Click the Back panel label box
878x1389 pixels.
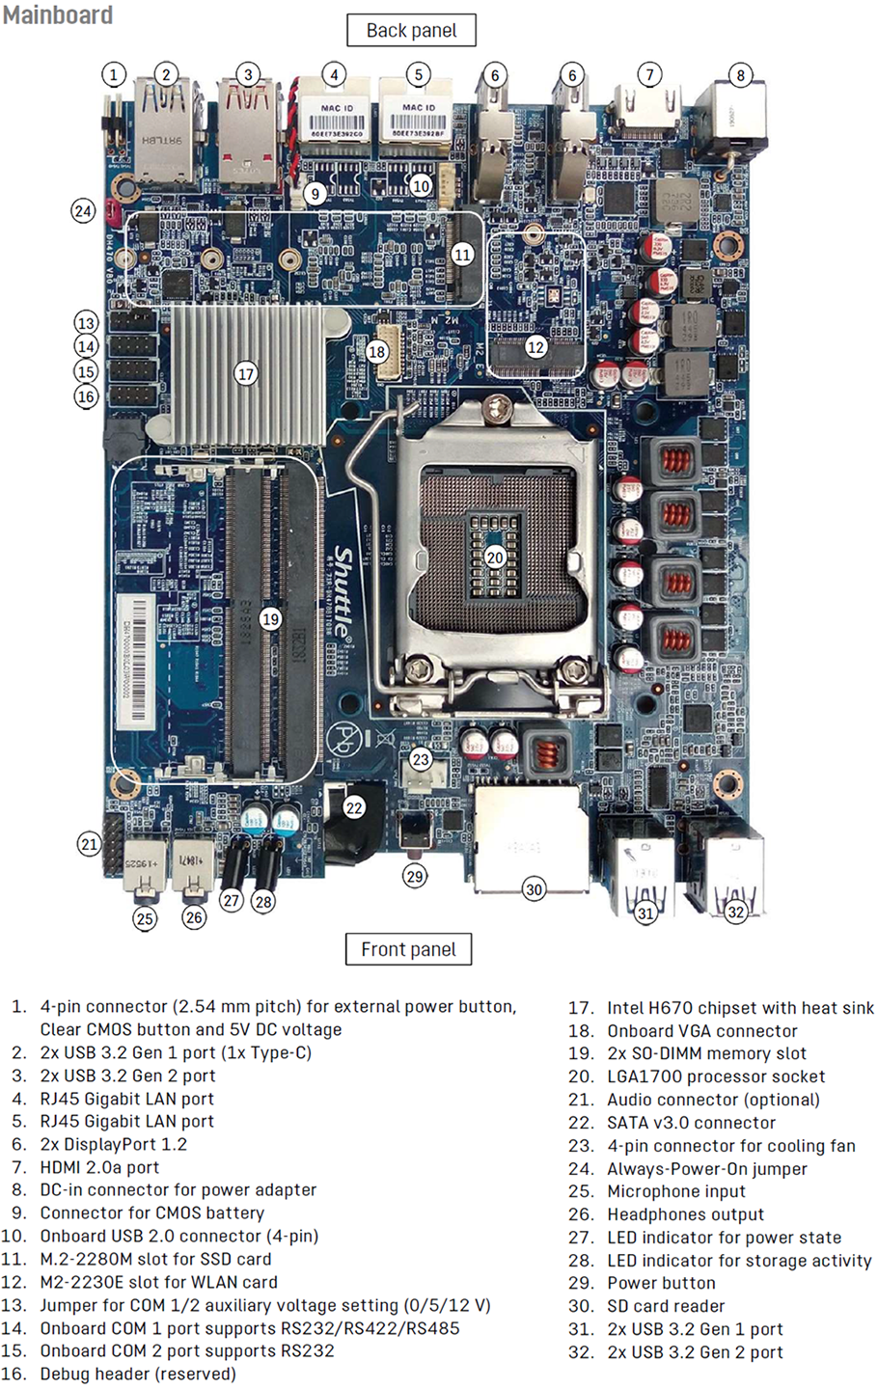click(411, 30)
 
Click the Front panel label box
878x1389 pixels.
click(408, 949)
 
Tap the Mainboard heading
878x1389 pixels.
click(57, 15)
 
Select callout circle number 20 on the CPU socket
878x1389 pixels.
click(495, 558)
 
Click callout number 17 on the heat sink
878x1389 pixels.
click(246, 373)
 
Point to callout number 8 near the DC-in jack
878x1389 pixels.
click(740, 75)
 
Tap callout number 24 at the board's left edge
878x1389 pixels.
click(84, 210)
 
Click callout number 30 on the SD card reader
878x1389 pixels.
click(535, 889)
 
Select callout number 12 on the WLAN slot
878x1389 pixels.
click(535, 346)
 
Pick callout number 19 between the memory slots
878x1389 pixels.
click(270, 619)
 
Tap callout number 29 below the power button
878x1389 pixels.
click(415, 877)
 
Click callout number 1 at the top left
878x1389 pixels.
click(114, 74)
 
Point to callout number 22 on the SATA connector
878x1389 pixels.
click(354, 807)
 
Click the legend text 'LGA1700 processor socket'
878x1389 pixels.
click(716, 1076)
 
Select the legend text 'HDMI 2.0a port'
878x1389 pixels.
click(99, 1167)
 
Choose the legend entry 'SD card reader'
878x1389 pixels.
click(666, 1306)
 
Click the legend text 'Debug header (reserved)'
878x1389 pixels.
click(138, 1374)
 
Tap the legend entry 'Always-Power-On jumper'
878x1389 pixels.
click(707, 1168)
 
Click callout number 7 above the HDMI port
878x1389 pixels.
click(649, 74)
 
